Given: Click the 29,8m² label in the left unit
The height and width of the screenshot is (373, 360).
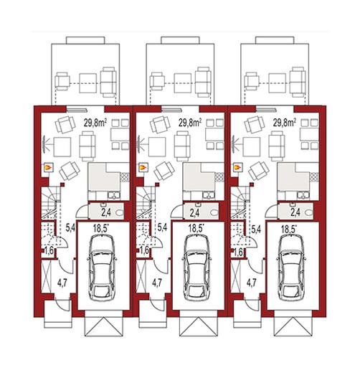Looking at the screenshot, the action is [x=95, y=123].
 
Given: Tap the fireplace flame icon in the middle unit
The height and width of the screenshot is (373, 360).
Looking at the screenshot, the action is [x=143, y=167].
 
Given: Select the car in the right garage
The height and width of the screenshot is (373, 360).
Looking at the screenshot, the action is [x=291, y=268].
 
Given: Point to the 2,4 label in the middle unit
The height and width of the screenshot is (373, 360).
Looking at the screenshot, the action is [x=194, y=212].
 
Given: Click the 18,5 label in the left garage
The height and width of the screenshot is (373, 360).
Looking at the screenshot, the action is [x=101, y=229].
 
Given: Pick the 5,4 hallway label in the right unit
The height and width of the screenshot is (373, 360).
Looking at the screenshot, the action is [x=256, y=229].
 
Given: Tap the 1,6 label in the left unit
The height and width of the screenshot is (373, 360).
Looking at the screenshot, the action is [x=50, y=251].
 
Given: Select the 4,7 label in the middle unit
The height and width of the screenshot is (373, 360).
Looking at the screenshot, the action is [x=157, y=283].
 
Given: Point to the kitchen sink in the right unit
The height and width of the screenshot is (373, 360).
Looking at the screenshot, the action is [x=304, y=196].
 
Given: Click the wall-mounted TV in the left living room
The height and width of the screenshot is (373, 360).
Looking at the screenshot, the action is [x=44, y=143].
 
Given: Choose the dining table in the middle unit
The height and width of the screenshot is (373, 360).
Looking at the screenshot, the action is [x=214, y=135].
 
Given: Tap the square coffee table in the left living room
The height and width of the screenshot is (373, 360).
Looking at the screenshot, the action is [x=62, y=147].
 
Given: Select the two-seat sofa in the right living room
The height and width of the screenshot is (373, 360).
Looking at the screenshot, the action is [x=277, y=146].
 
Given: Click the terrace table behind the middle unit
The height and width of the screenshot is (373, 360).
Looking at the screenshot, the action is [x=183, y=83].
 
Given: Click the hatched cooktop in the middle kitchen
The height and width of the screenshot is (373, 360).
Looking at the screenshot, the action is [x=219, y=177].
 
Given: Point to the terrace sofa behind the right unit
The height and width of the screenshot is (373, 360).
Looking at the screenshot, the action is [x=298, y=82].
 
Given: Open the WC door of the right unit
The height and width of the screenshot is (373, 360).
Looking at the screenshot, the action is [x=272, y=209].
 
